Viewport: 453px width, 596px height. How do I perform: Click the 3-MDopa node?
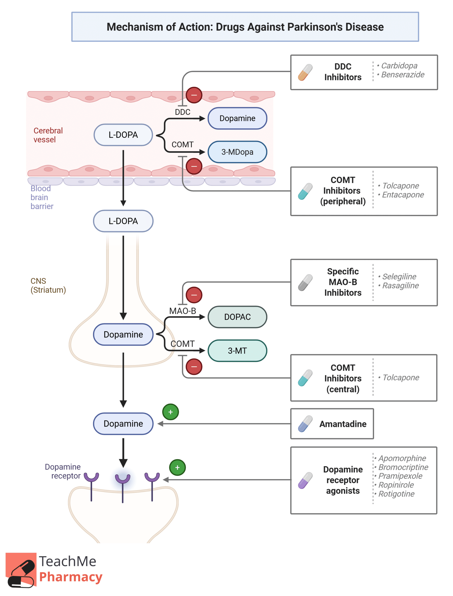237,152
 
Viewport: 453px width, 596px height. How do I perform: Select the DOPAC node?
237,317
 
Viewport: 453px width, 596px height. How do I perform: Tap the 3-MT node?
237,351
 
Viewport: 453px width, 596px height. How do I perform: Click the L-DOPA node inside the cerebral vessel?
123,135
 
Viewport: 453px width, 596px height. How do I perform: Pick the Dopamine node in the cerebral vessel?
237,118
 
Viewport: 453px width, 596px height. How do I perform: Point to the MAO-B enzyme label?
182,311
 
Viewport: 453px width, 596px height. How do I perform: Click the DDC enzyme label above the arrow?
182,112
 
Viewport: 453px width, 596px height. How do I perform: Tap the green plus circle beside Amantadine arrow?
170,412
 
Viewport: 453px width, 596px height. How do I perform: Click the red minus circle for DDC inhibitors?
194,95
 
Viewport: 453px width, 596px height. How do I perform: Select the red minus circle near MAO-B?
194,295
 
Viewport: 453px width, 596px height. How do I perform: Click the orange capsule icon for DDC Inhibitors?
305,72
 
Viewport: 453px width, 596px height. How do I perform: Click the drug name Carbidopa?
399,65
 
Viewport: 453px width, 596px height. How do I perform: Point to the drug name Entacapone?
403,195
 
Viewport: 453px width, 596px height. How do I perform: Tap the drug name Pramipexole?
400,476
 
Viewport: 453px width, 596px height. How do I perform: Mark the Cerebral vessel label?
48,135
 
